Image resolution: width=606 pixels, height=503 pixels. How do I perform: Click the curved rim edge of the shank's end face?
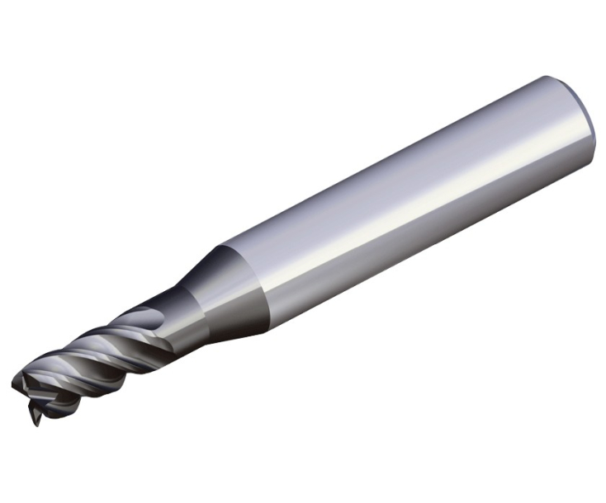tap(587, 132)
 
